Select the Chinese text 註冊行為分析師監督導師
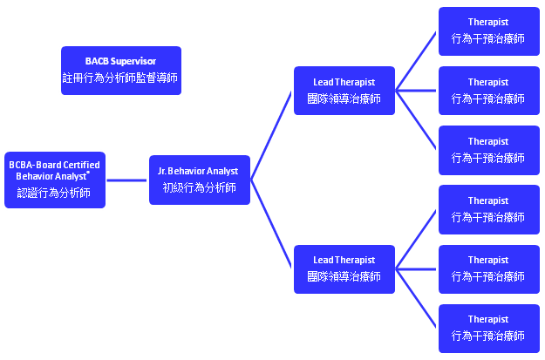[120, 78]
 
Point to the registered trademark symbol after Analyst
[88, 172]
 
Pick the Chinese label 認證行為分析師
[54, 193]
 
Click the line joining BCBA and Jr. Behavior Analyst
[126, 180]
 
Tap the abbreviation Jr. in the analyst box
[162, 171]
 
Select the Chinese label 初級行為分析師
[200, 187]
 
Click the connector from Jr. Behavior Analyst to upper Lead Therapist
[271, 135]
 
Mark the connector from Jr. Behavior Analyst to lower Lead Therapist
[271, 224]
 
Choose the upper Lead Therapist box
[344, 91]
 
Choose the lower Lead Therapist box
[344, 269]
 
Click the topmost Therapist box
[489, 31]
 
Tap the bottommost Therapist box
[489, 329]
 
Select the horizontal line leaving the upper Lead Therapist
[416, 91]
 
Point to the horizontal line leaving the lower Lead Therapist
[416, 269]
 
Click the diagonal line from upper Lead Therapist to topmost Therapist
[416, 61]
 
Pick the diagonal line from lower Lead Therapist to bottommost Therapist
[416, 298]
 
